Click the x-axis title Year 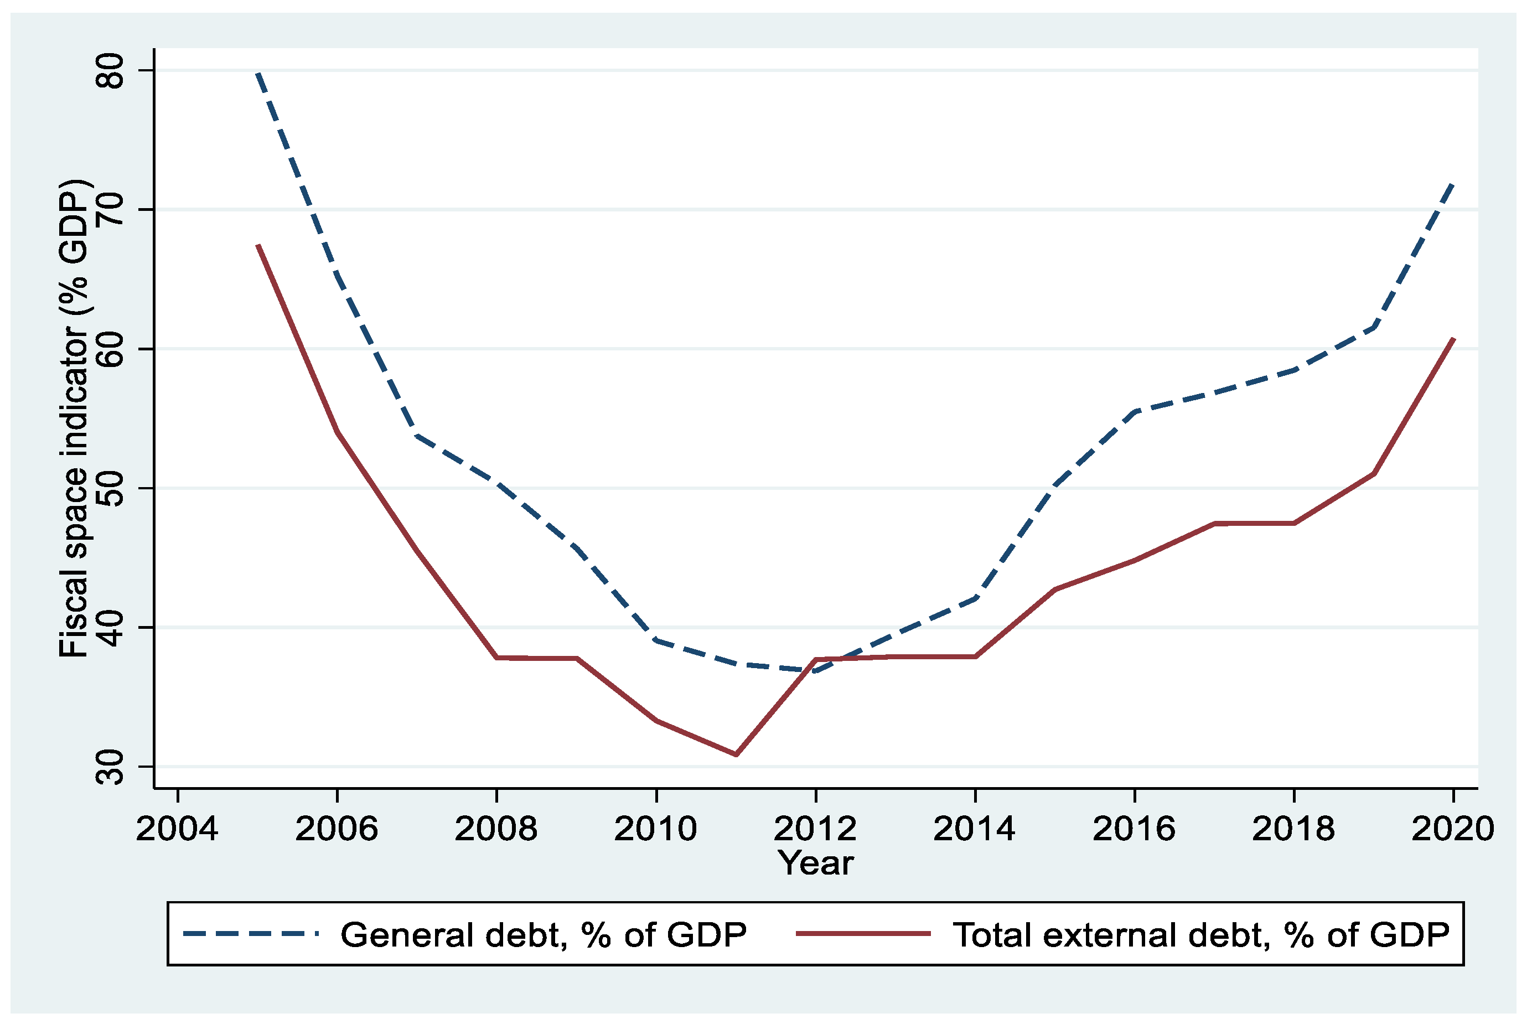(x=815, y=863)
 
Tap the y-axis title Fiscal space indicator (x=74, y=418)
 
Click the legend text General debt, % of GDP (x=544, y=935)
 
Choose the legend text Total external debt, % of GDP (x=1200, y=935)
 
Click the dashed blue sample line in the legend (x=251, y=934)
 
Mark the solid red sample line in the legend (x=863, y=934)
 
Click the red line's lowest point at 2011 (x=736, y=754)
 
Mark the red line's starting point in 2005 (x=258, y=245)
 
